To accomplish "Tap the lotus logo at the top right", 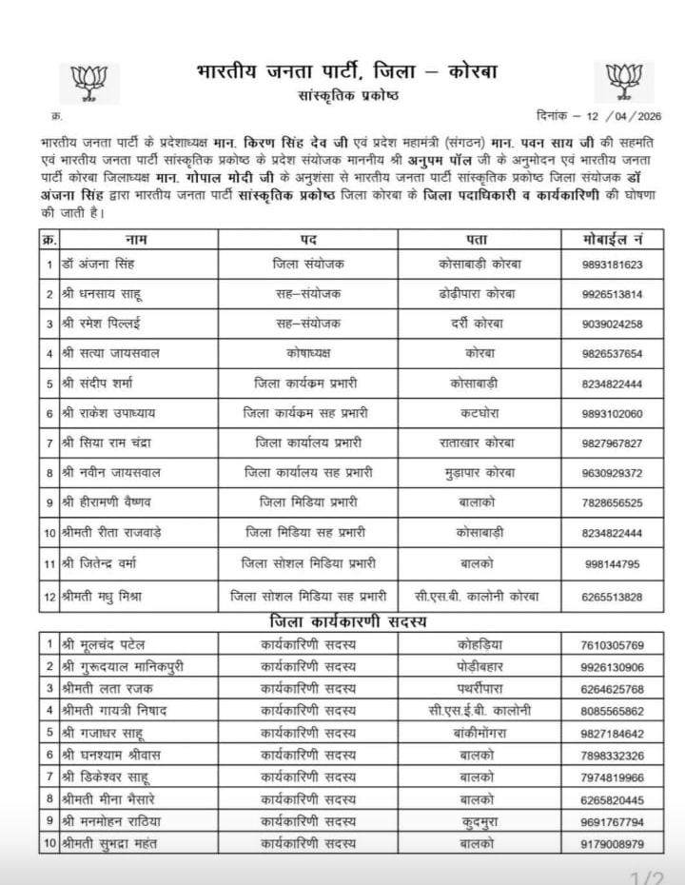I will click(x=627, y=80).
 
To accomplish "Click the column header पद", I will click(x=308, y=238).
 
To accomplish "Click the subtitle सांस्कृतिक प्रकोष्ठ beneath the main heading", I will click(x=346, y=96).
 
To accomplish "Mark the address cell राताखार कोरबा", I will click(x=483, y=442).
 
